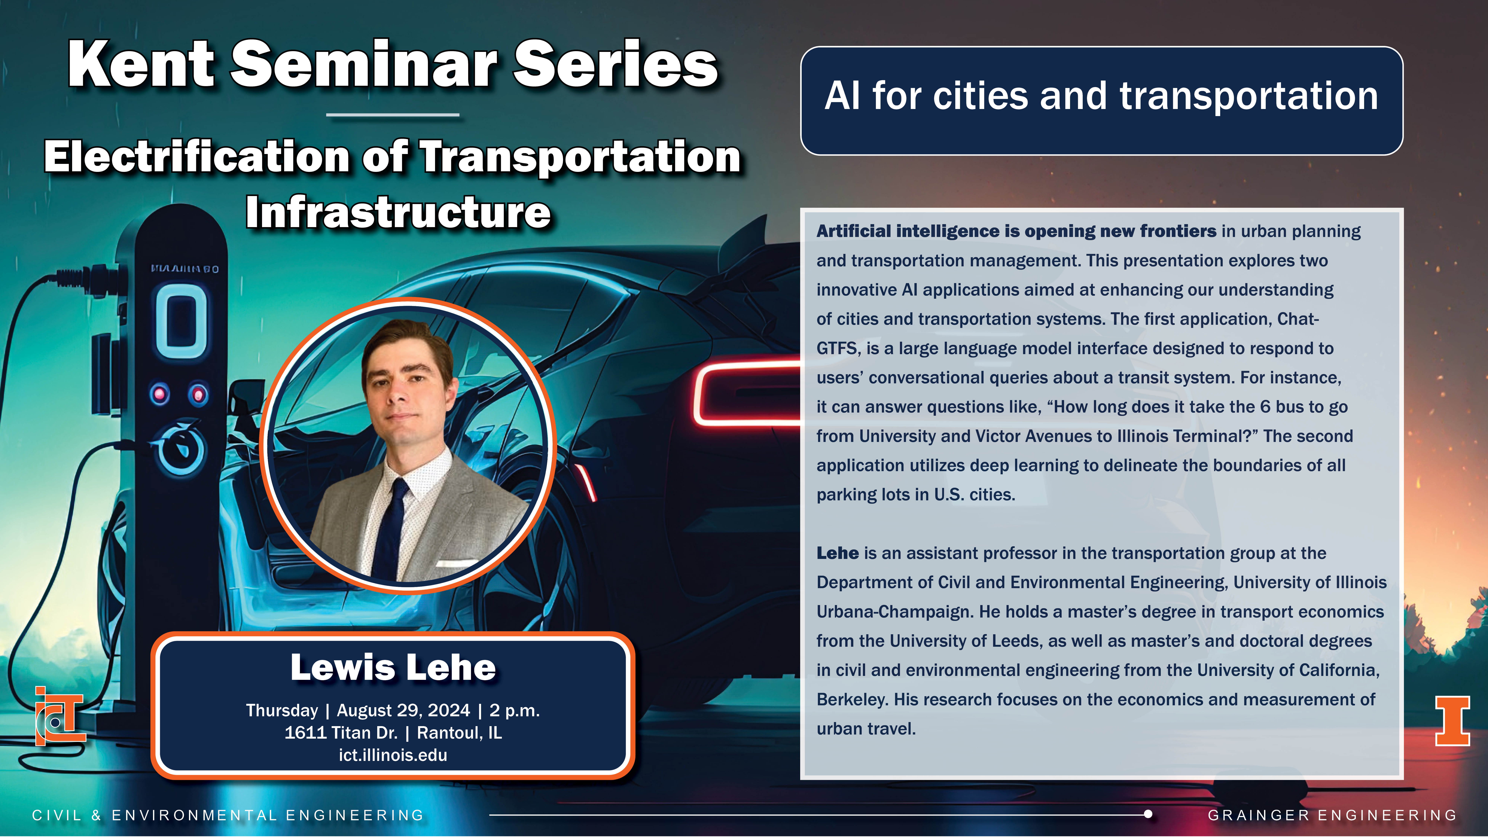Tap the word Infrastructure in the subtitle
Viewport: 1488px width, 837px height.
point(398,213)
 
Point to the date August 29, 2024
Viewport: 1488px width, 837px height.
point(403,710)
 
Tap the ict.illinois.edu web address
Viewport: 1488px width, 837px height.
point(393,755)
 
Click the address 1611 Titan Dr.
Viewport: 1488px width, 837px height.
point(341,732)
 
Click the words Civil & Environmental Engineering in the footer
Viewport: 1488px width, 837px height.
point(228,815)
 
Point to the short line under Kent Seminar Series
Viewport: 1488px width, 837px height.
point(393,115)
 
